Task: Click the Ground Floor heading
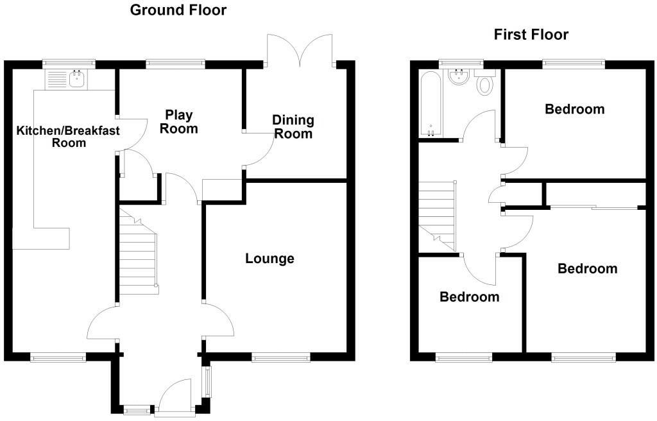(178, 10)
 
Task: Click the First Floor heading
(531, 35)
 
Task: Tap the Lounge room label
(269, 259)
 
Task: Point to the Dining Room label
(293, 126)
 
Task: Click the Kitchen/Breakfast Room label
(51, 137)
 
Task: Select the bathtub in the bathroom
(431, 103)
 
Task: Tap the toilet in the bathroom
(484, 83)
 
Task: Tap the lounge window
(281, 358)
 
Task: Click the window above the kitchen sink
(69, 63)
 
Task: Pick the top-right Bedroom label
(574, 109)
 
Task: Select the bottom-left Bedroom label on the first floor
(469, 297)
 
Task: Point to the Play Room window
(175, 63)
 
